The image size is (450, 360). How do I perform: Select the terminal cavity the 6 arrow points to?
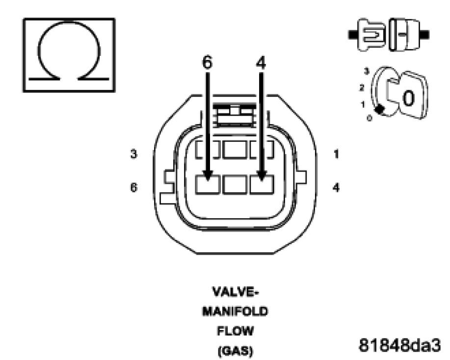point(208,185)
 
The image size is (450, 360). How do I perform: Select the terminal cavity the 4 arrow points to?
point(262,185)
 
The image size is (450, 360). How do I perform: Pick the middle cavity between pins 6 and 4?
point(235,185)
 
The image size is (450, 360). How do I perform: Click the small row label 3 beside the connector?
point(133,154)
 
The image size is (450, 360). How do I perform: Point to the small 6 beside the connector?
point(133,188)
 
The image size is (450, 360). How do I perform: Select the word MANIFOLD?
point(235,312)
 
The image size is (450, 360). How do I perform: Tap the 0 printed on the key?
point(409,99)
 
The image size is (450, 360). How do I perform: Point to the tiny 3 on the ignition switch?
point(366,72)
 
